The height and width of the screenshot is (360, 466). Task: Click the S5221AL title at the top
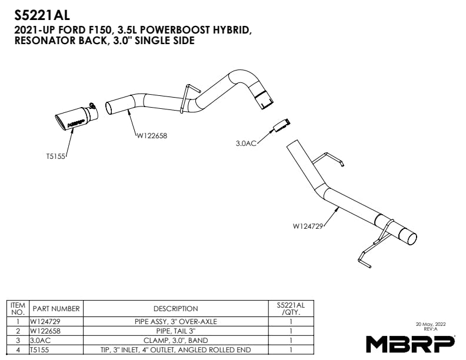42,15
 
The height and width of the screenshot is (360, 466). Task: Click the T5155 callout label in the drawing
55,156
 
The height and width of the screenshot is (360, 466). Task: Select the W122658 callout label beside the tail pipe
152,136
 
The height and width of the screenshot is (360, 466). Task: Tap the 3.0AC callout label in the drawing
246,144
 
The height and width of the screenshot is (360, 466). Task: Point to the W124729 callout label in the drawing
308,226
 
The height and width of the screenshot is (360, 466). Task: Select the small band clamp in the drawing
281,125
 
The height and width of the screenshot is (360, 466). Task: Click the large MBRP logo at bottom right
411,344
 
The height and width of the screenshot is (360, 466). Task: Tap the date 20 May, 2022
431,324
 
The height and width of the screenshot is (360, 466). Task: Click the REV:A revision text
431,329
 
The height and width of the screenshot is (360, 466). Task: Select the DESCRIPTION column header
176,309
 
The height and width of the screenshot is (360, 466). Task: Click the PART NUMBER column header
56,309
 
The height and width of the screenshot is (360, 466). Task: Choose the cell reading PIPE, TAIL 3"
176,331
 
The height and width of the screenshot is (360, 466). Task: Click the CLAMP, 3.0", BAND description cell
176,341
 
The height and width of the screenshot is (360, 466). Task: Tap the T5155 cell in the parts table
39,350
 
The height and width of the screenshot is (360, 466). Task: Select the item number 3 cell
18,341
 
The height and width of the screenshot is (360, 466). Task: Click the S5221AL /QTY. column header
291,309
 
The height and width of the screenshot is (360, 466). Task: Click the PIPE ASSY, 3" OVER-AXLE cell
176,321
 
